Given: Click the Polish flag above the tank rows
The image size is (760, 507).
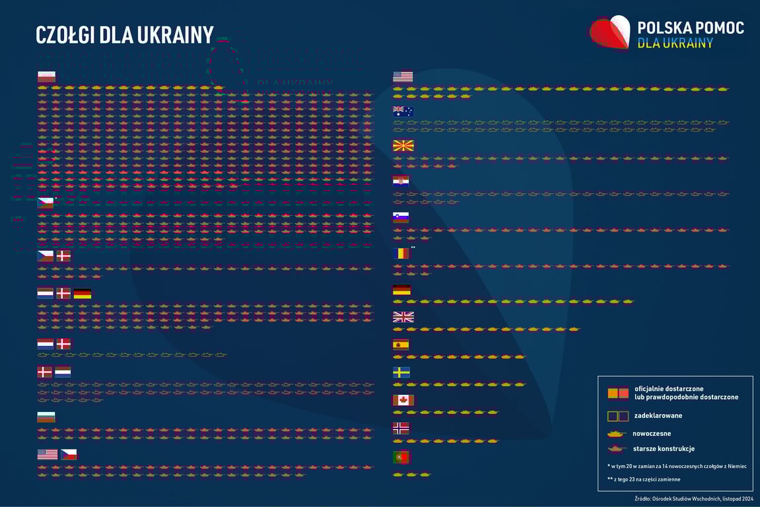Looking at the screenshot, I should tap(46, 77).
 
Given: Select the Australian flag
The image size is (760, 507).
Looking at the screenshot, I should tap(403, 111).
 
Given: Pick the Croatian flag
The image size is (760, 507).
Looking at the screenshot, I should tap(401, 181).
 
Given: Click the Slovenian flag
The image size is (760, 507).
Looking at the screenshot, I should tap(401, 217).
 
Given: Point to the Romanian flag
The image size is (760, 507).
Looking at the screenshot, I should tap(401, 253).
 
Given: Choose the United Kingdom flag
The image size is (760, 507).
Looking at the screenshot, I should tap(403, 317).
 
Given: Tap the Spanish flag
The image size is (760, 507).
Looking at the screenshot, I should tap(401, 344).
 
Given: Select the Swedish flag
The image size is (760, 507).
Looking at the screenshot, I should tap(401, 372).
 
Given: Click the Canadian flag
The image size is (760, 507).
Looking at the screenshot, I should tap(403, 399).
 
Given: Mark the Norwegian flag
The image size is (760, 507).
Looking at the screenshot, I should tap(401, 427).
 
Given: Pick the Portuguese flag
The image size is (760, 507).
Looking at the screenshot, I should tap(401, 457).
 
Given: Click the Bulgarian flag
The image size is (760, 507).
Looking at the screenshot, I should tap(46, 417).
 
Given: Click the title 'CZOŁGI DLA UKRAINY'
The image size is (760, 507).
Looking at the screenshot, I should tap(124, 35).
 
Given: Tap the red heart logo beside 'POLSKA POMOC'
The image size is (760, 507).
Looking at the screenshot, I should tap(609, 32).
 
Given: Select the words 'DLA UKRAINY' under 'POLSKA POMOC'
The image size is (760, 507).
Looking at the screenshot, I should tap(675, 43).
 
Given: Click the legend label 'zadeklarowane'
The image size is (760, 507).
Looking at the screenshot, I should tap(658, 416).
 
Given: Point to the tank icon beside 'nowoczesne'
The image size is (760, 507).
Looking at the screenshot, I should tap(617, 434).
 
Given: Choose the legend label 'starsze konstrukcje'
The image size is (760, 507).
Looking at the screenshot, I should tap(664, 449).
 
